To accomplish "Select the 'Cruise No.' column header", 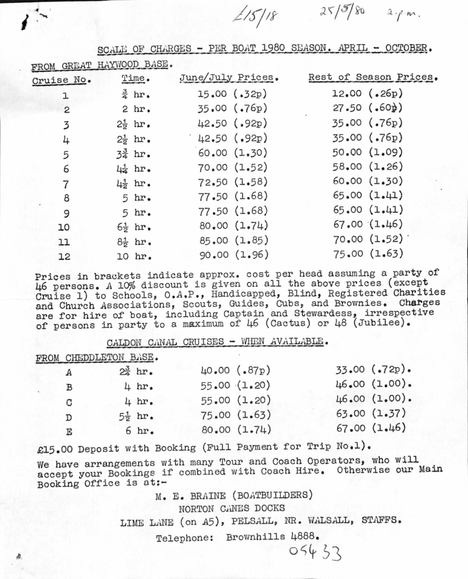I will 62,80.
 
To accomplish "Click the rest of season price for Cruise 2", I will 368,108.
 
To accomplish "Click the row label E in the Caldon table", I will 69,431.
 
